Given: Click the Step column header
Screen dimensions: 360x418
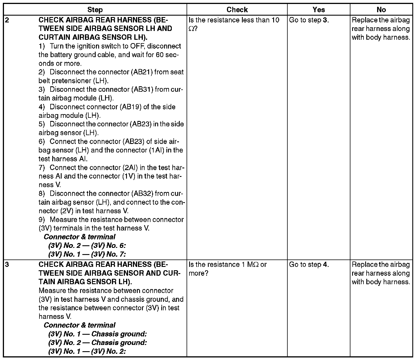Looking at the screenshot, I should tap(95, 10).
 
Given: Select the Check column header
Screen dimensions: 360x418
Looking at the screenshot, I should tap(237, 10).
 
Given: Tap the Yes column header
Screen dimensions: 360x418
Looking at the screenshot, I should tap(319, 10).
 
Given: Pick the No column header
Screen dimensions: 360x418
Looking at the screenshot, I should tap(381, 10).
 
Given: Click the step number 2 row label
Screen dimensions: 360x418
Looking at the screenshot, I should tap(7, 20).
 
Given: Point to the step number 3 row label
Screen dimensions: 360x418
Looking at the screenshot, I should tap(7, 265).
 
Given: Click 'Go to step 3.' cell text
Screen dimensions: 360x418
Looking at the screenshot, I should tap(309, 20).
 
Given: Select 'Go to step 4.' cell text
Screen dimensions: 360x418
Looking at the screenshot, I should tap(309, 265).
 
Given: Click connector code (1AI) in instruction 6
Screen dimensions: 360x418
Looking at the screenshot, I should tap(156, 150).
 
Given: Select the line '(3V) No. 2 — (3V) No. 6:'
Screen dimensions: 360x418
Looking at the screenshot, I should tap(87, 246).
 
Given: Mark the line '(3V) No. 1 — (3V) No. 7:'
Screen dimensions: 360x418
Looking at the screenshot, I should tap(87, 254).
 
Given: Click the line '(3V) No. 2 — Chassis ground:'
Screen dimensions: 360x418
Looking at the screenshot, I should tap(97, 343).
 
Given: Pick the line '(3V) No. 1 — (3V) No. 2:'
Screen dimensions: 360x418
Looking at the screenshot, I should tap(87, 351).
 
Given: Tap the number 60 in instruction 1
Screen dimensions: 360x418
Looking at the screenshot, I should tap(160, 55).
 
